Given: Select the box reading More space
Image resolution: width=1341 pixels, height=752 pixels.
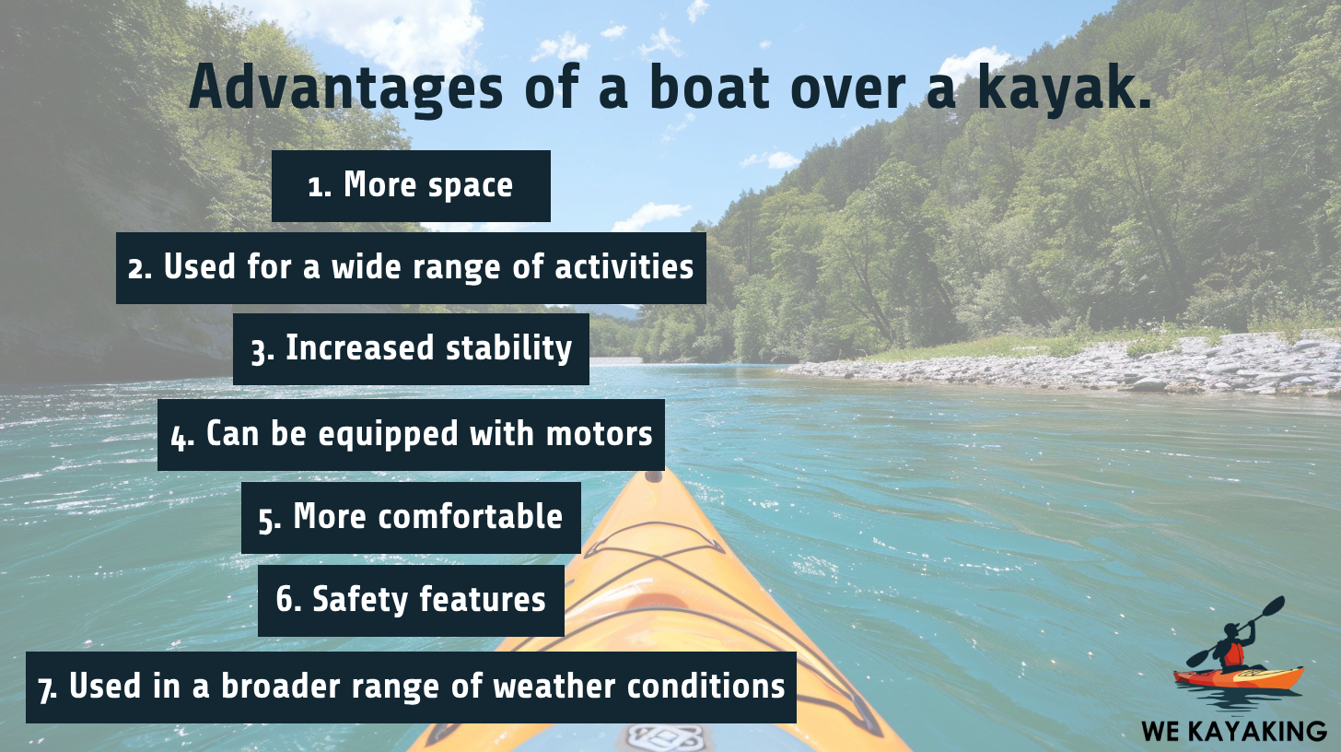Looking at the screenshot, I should (x=411, y=186).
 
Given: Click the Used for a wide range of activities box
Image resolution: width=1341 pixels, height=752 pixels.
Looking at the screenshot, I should (x=411, y=268).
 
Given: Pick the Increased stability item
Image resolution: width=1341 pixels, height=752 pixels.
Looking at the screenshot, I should (x=411, y=349).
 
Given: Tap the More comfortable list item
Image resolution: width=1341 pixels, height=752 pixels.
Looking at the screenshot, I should (x=411, y=518).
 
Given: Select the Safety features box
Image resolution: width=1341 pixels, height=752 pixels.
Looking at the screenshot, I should (x=411, y=601).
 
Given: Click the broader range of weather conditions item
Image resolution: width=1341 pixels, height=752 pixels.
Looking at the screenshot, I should (x=411, y=687).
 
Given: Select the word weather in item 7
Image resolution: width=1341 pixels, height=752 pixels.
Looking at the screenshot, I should (x=566, y=687).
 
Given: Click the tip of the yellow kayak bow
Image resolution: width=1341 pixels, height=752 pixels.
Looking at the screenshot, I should (x=653, y=476).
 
